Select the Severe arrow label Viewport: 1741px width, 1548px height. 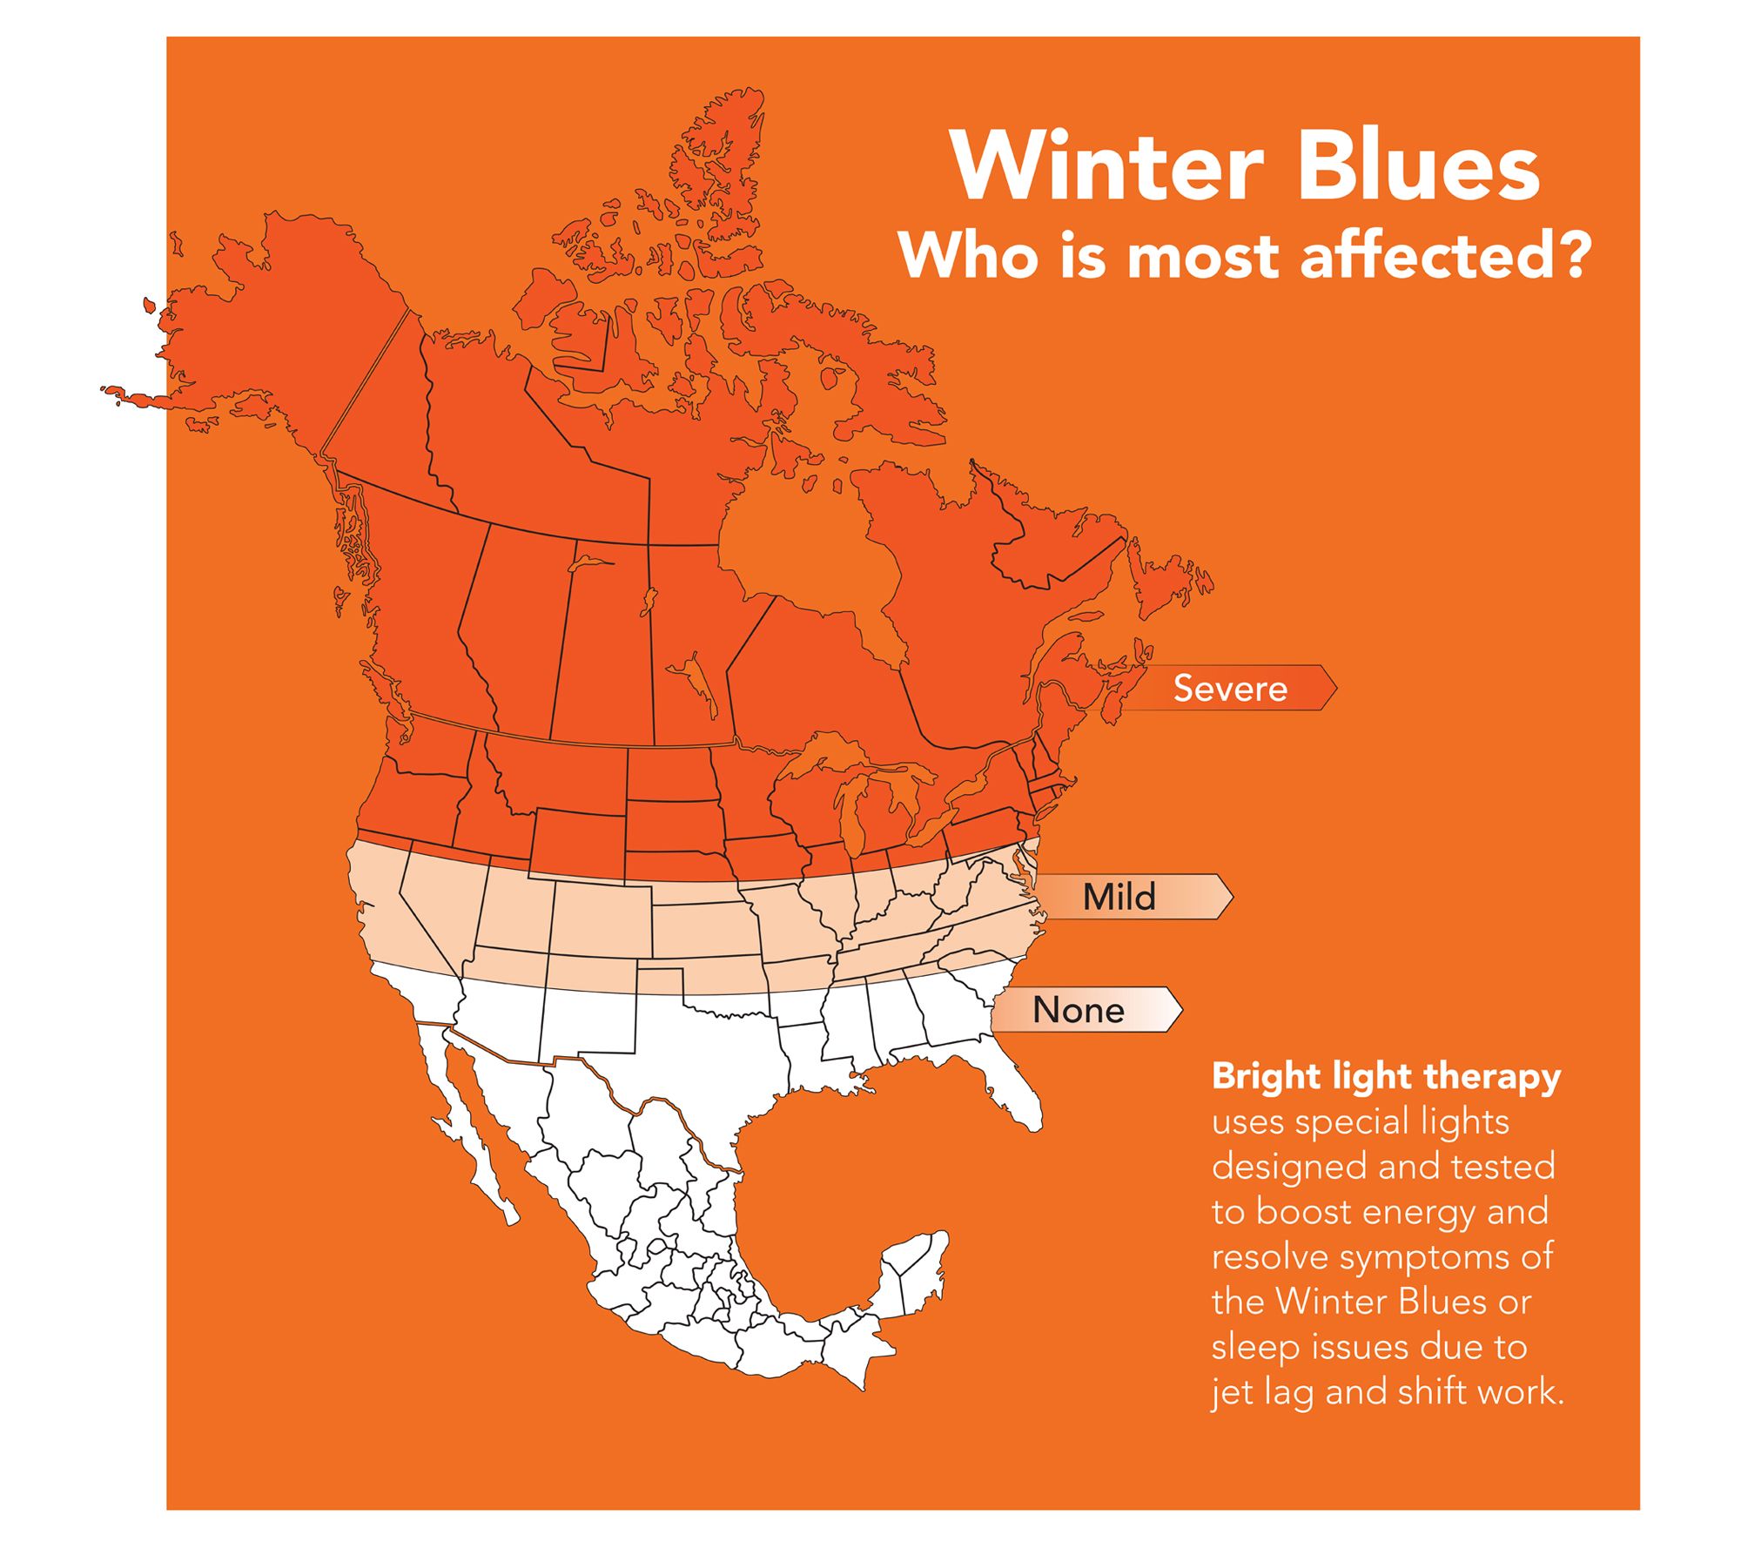(1230, 688)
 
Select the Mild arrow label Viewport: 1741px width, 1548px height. (1132, 896)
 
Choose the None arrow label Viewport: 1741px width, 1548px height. (1086, 1009)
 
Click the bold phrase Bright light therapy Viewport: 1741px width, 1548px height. (1387, 1077)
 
